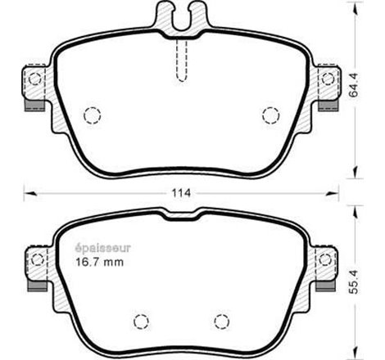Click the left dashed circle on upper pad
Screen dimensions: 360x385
[x=93, y=115]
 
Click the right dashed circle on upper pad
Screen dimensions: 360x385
[x=269, y=115]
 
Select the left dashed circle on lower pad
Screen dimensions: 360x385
[x=141, y=320]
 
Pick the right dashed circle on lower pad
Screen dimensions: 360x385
[x=220, y=320]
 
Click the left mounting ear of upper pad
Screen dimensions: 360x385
[x=33, y=79]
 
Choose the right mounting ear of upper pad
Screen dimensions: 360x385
[x=328, y=79]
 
